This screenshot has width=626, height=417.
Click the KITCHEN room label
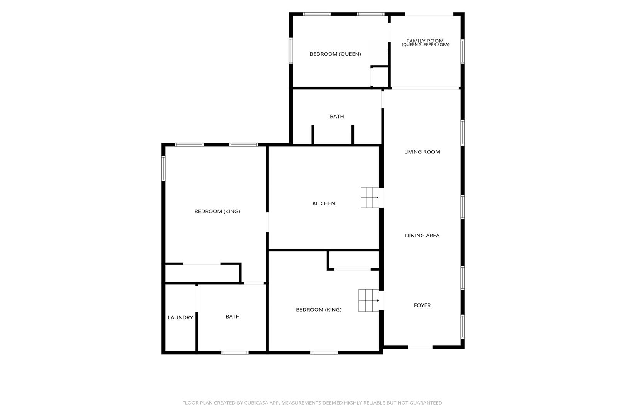pyautogui.click(x=324, y=203)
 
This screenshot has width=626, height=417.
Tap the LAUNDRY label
pyautogui.click(x=180, y=317)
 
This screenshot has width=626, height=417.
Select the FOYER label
pyautogui.click(x=422, y=305)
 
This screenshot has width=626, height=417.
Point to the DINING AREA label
pyautogui.click(x=422, y=236)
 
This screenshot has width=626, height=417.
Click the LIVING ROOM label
pyautogui.click(x=422, y=152)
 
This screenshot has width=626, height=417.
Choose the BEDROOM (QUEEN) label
pyautogui.click(x=335, y=54)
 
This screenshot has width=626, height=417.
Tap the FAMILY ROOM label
pyautogui.click(x=425, y=41)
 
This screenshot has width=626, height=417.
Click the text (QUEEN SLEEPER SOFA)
pyautogui.click(x=425, y=45)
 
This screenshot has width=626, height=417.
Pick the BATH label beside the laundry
pyautogui.click(x=232, y=317)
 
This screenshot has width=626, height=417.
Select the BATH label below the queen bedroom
pyautogui.click(x=337, y=117)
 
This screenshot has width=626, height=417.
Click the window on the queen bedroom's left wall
pyautogui.click(x=291, y=51)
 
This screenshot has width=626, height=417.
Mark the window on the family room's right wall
pyautogui.click(x=463, y=51)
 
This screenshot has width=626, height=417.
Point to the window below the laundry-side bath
pyautogui.click(x=235, y=353)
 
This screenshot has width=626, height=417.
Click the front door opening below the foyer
pyautogui.click(x=420, y=347)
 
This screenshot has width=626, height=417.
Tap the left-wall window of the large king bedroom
pyautogui.click(x=163, y=168)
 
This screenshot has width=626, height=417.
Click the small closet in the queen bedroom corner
pyautogui.click(x=380, y=76)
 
